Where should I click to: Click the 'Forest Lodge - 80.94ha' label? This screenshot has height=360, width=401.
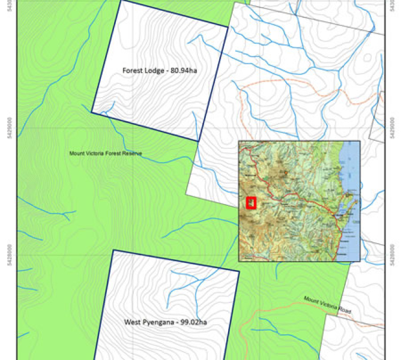pyautogui.click(x=159, y=70)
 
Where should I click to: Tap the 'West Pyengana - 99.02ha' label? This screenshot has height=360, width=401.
pyautogui.click(x=169, y=322)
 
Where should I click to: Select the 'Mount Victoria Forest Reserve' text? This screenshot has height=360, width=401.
pyautogui.click(x=106, y=154)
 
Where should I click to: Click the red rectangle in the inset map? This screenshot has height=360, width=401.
pyautogui.click(x=251, y=203)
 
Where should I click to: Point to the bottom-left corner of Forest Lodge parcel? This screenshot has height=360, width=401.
pyautogui.click(x=91, y=112)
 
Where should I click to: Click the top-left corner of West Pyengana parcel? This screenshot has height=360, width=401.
pyautogui.click(x=113, y=250)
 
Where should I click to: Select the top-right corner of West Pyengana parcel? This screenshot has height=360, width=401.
pyautogui.click(x=239, y=271)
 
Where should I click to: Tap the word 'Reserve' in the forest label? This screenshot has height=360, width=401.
pyautogui.click(x=132, y=154)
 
